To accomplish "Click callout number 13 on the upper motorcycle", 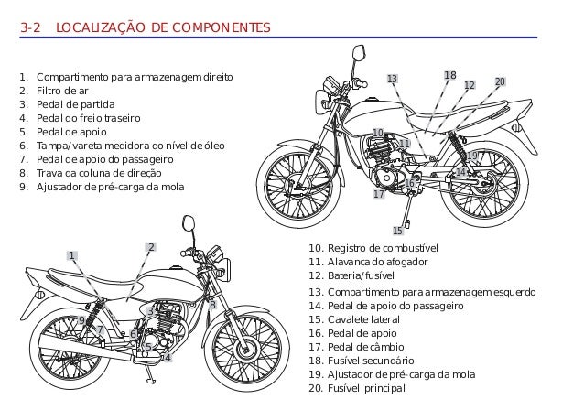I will [392, 80].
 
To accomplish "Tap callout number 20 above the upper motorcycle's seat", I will [500, 82].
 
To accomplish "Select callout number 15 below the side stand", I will [398, 231].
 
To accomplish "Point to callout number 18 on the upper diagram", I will [449, 75].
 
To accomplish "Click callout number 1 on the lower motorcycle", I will [71, 255].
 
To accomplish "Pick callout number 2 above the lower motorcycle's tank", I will [151, 247].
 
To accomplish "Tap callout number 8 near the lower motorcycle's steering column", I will [212, 305].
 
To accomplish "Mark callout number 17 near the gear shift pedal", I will [379, 195].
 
